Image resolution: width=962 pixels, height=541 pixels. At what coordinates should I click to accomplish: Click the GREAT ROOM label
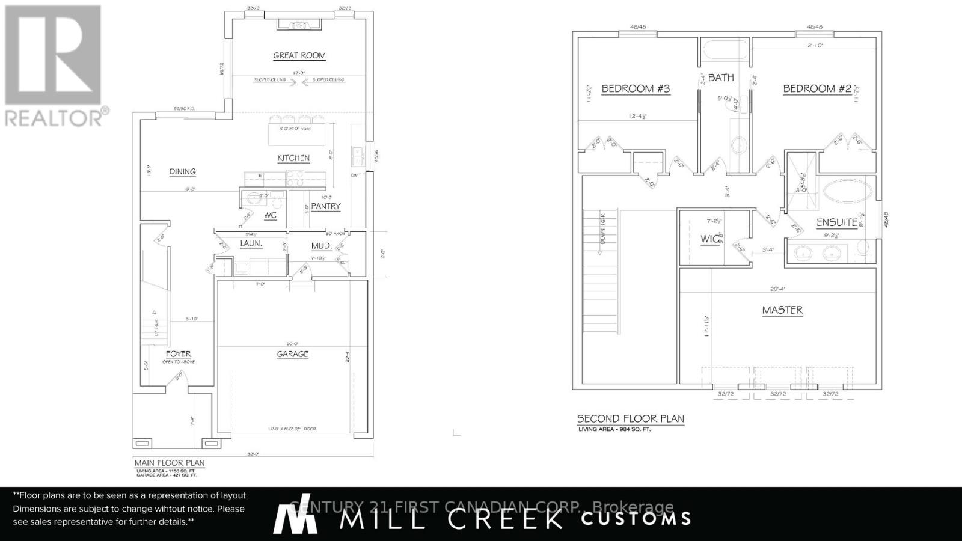pos(299,55)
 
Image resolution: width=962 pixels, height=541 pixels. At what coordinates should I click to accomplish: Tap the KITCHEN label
pos(293,158)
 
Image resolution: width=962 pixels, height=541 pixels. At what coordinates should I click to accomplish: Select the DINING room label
pos(182,171)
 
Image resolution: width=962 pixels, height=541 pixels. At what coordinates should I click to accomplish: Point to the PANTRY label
pos(326,206)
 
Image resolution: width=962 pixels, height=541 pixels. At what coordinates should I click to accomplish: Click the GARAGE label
pos(293,354)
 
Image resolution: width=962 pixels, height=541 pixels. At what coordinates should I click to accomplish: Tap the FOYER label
pos(179,354)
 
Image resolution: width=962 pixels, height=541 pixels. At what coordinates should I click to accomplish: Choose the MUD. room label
pos(322,246)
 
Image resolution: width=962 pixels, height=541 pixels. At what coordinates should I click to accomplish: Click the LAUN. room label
pos(251,243)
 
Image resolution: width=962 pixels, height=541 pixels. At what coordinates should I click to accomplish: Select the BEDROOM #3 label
pos(636,89)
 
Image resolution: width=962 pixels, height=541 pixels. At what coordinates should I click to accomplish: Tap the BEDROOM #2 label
pos(817,89)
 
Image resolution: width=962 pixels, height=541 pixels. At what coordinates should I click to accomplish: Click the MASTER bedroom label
pos(782,310)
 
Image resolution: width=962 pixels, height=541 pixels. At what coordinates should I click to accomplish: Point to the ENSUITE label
pos(836,222)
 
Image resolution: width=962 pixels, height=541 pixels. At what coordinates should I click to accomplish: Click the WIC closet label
pos(710,239)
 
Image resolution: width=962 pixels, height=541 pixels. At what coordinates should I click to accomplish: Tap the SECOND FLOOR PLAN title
pos(630,418)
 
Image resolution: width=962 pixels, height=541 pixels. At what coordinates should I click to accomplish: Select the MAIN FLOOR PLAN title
pos(170,463)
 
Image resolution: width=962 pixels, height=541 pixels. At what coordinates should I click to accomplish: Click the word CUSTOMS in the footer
pos(636,518)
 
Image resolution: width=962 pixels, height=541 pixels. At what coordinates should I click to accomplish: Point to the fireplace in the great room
pos(299,25)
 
